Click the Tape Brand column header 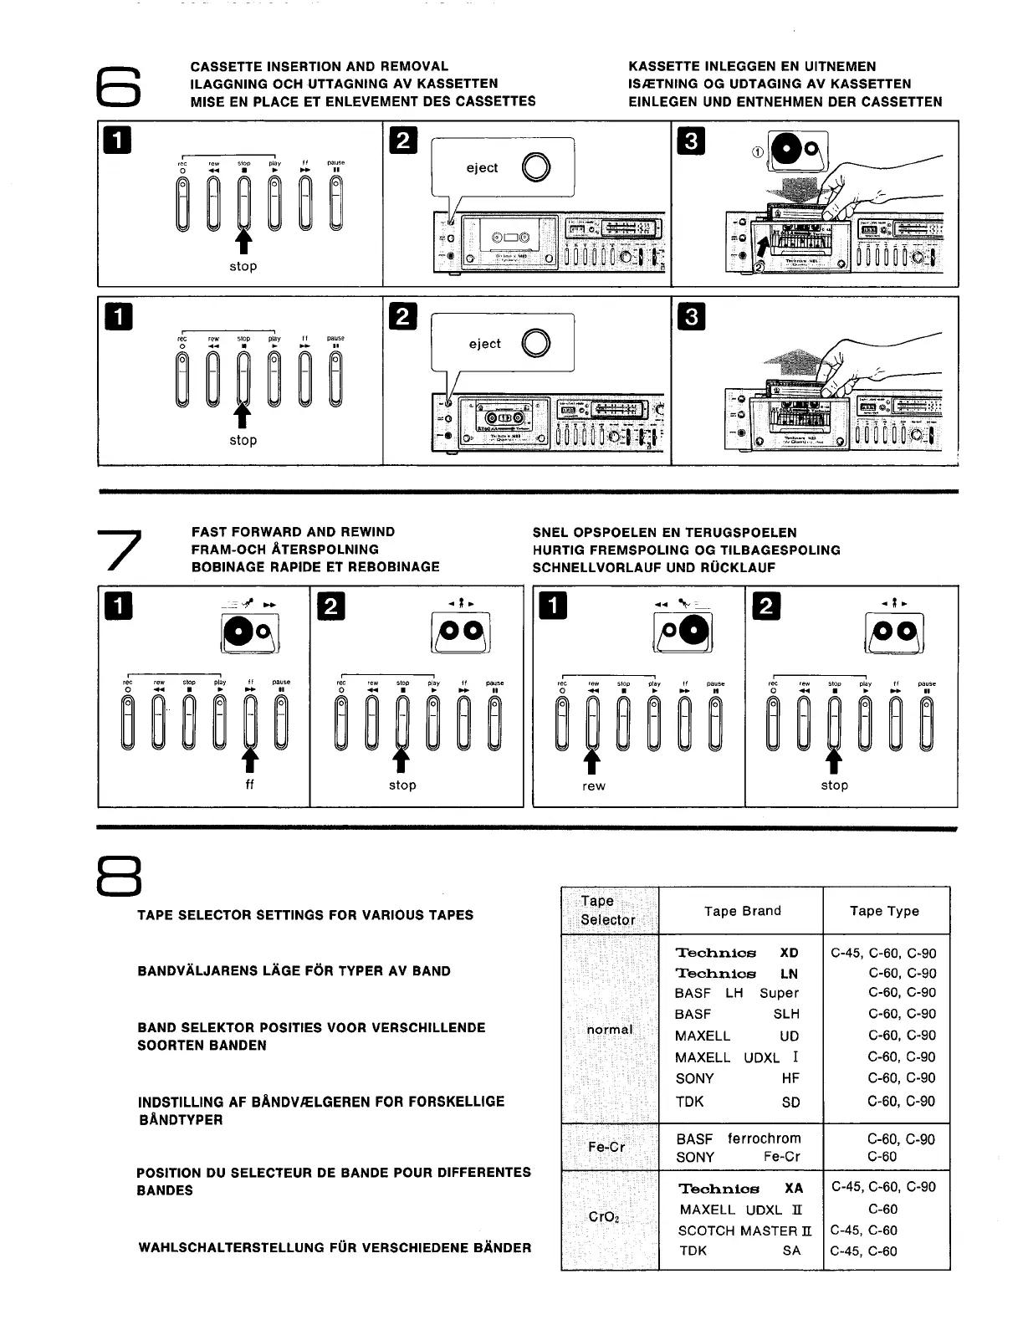[742, 911]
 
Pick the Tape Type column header [884, 911]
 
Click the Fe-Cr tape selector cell [606, 1147]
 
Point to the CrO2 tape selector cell [604, 1217]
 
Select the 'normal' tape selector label [610, 1029]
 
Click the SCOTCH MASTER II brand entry [744, 1230]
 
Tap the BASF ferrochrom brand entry [739, 1138]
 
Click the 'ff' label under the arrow [249, 785]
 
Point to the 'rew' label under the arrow [593, 785]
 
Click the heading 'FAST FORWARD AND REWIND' [293, 532]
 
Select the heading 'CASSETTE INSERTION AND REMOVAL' [320, 66]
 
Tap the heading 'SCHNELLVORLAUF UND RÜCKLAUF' [654, 567]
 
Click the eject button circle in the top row [535, 168]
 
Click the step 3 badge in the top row [691, 141]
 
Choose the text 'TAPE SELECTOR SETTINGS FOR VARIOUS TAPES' [305, 915]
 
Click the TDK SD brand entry [737, 1102]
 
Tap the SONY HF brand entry [737, 1079]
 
